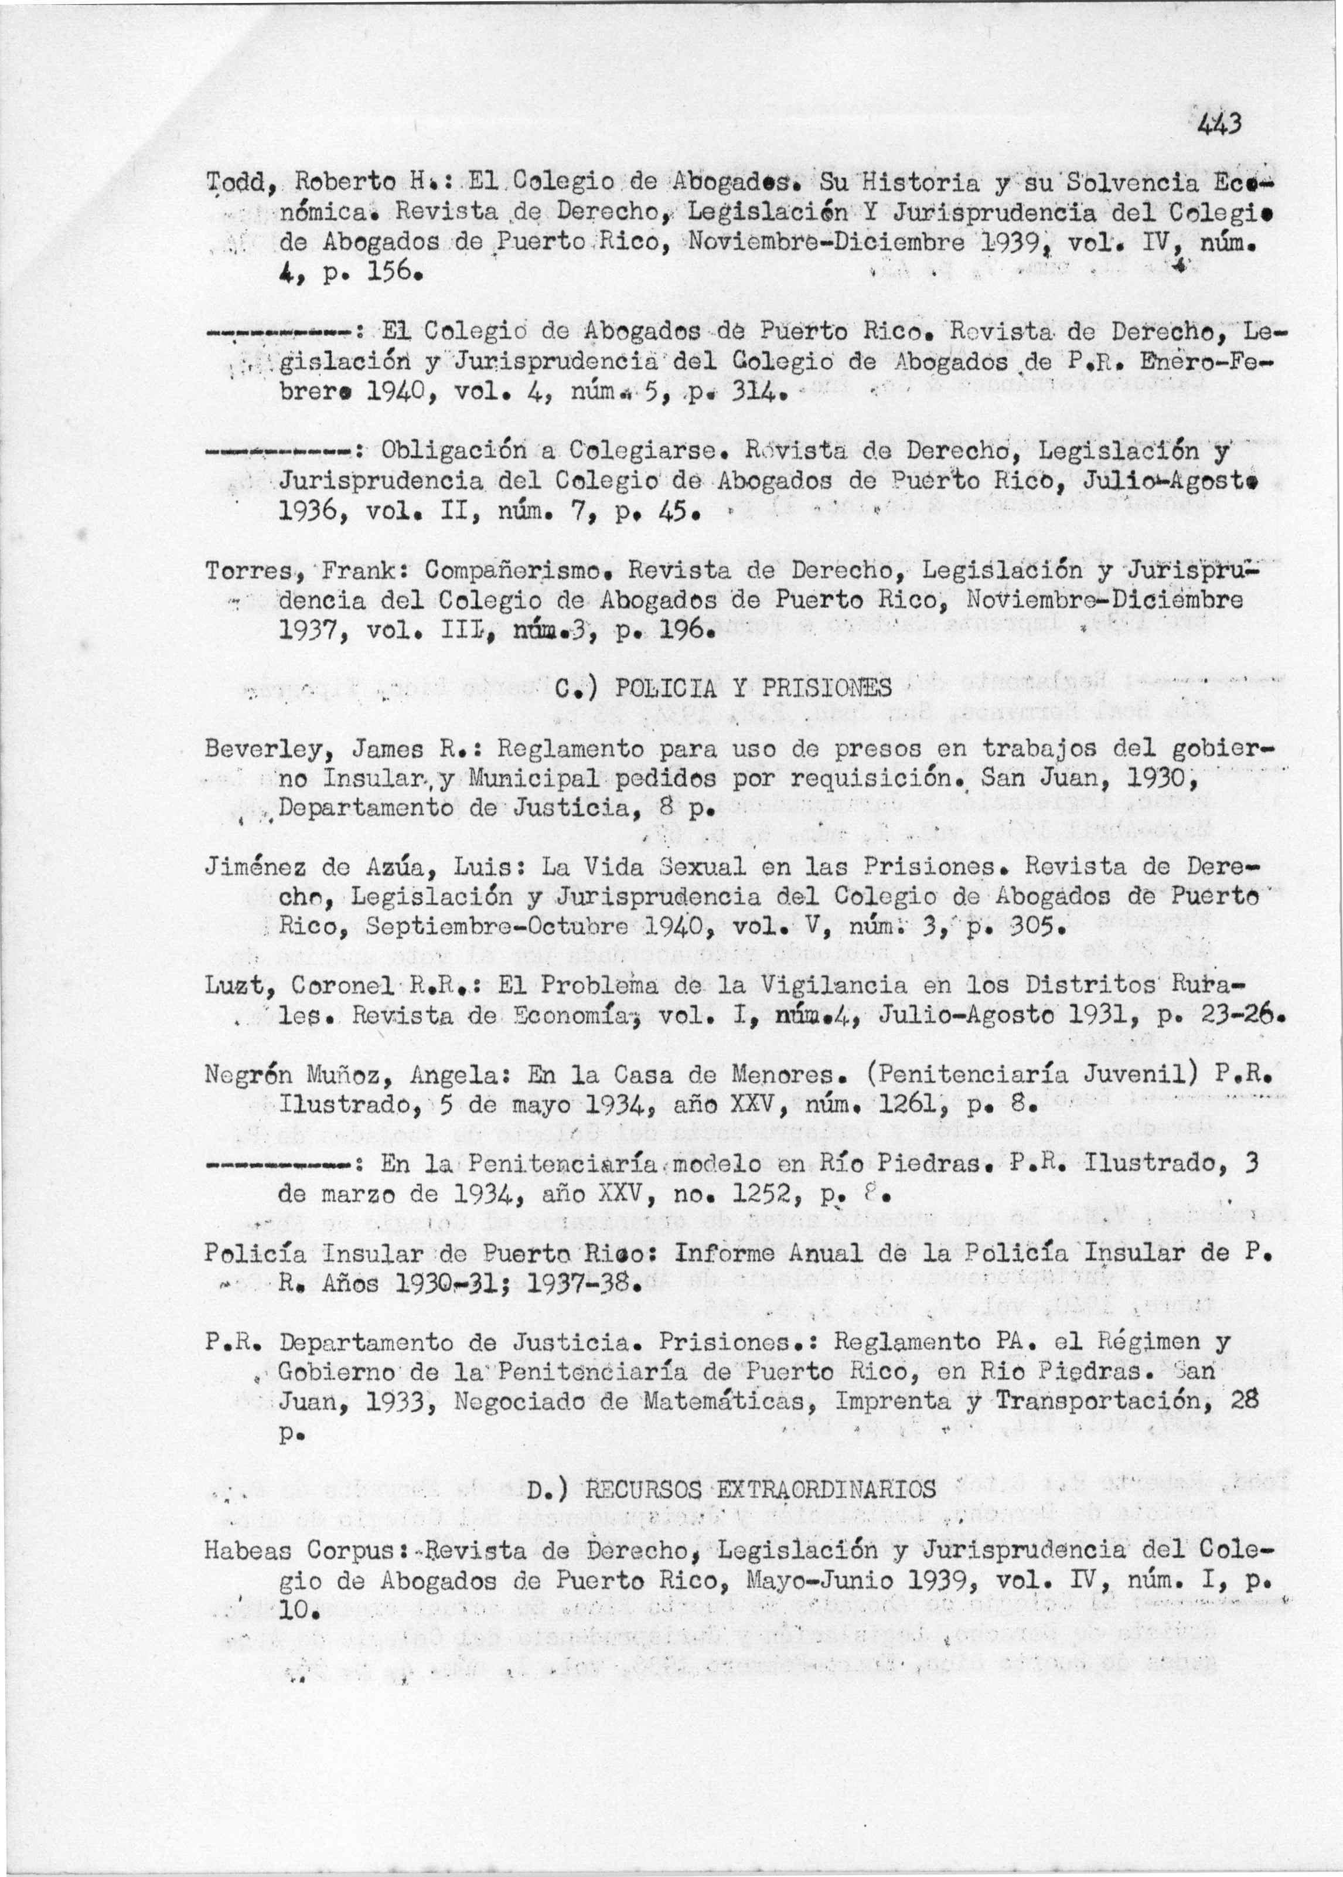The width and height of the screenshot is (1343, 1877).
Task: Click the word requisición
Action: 869,779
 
